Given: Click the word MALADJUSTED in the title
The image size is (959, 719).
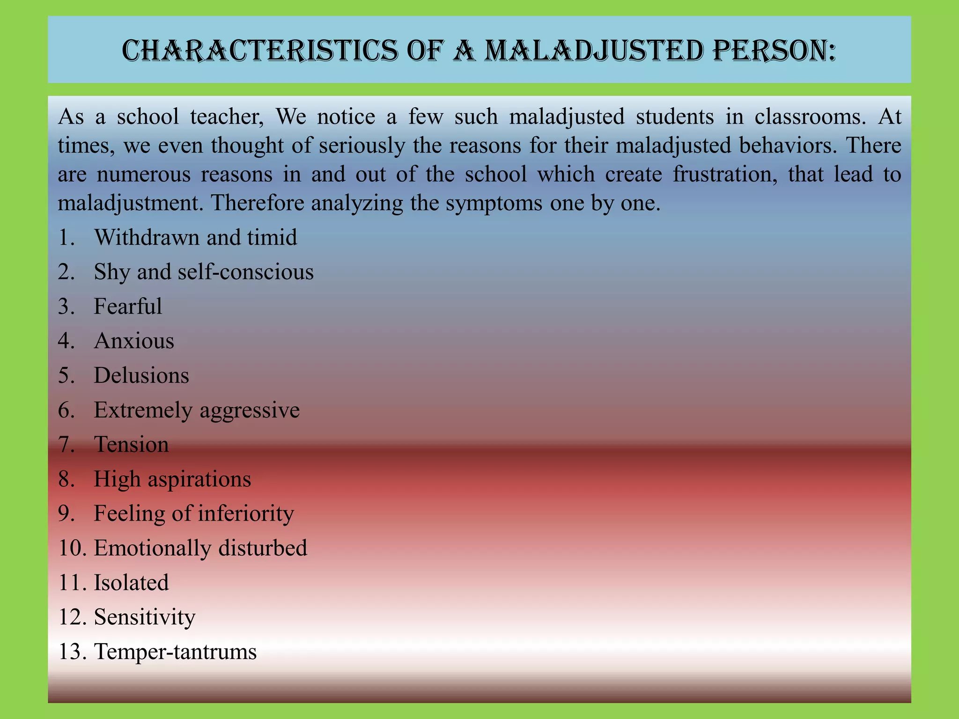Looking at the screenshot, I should click(x=593, y=51).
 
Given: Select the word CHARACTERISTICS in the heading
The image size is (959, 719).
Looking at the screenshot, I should click(x=259, y=51).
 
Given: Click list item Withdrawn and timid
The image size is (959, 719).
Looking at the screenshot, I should click(x=195, y=237).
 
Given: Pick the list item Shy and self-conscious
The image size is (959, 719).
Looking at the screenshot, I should click(x=203, y=272).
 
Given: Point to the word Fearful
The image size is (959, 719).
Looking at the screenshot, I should click(x=128, y=307).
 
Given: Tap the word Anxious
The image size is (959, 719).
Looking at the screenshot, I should click(x=134, y=341).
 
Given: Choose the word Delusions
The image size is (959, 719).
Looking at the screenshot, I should click(x=141, y=375).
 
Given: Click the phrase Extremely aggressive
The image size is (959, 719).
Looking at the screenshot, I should click(x=197, y=410).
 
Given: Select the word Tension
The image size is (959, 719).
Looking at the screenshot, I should click(x=132, y=445).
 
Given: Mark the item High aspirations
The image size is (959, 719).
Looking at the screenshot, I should click(x=172, y=479).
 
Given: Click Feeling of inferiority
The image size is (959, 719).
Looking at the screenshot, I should click(x=194, y=514).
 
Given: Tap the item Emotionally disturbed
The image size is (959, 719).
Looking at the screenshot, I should click(x=200, y=548).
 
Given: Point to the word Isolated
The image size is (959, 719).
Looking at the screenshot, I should click(x=131, y=583).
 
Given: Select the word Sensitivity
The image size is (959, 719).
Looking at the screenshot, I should click(x=144, y=617).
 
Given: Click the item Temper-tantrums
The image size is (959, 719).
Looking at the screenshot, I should click(x=175, y=652).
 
